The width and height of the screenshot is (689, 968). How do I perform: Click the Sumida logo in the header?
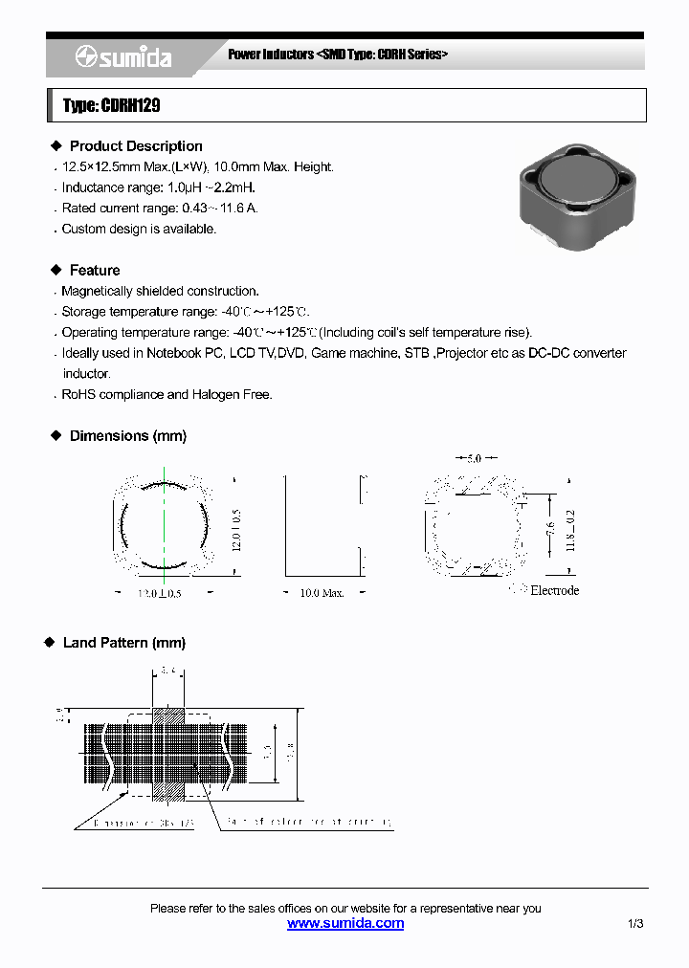coord(124,57)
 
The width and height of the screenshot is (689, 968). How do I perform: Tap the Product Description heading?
coord(136,146)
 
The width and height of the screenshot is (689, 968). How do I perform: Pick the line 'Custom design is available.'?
coord(139,230)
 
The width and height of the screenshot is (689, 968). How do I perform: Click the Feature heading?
coord(95,271)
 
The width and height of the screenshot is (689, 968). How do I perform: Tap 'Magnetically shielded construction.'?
coord(160,291)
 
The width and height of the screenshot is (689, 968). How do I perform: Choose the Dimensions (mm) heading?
coord(128,436)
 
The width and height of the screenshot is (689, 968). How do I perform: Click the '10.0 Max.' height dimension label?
coord(322,593)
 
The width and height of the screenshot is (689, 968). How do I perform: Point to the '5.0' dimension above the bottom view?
coord(474,459)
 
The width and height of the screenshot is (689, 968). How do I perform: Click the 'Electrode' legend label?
coord(554,591)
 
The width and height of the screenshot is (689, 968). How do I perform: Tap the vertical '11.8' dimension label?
coord(570,531)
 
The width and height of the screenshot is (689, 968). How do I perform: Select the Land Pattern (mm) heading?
coord(124,643)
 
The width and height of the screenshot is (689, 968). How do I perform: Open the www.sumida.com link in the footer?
coord(345,924)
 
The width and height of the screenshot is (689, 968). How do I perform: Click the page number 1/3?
coord(635,924)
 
